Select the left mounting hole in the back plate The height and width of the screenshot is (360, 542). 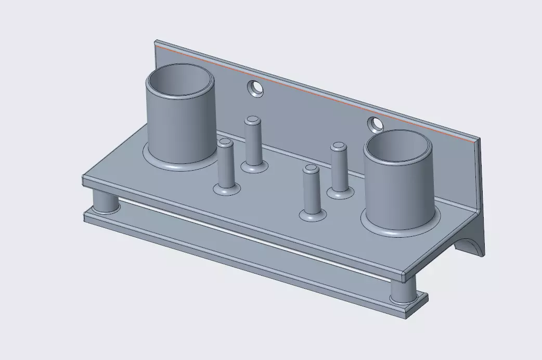click(x=255, y=89)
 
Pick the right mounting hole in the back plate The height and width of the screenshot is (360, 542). click(x=375, y=124)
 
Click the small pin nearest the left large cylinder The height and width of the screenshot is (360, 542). click(x=225, y=164)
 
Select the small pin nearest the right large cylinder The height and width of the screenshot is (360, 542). click(x=339, y=168)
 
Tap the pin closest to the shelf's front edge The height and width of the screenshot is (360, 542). click(x=311, y=190)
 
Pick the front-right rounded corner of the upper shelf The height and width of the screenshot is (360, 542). click(x=405, y=273)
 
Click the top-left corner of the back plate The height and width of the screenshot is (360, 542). click(x=156, y=42)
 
